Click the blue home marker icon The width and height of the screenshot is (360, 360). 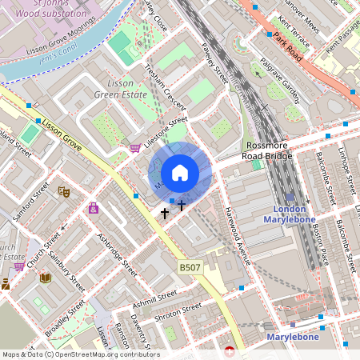pyautogui.click(x=180, y=173)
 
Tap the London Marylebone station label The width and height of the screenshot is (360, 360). pyautogui.click(x=290, y=212)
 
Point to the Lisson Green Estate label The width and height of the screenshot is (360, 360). pyautogui.click(x=121, y=88)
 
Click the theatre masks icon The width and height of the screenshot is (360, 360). pyautogui.click(x=64, y=191)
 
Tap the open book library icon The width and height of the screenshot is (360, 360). pyautogui.click(x=45, y=277)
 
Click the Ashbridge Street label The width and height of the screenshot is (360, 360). pyautogui.click(x=116, y=255)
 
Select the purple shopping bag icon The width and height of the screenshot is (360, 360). pyautogui.click(x=94, y=209)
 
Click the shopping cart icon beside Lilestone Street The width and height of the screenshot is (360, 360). pyautogui.click(x=135, y=147)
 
